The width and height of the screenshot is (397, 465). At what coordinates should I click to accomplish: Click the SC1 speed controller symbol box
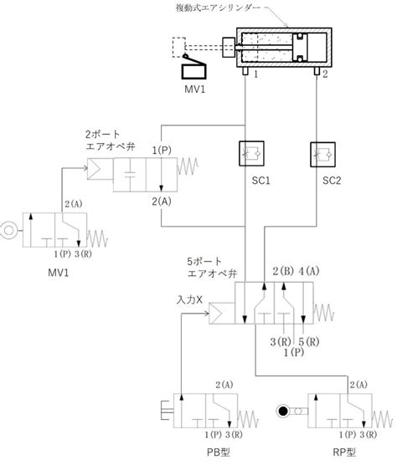click(x=251, y=153)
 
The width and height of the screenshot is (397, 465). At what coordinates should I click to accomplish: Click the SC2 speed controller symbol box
click(x=322, y=155)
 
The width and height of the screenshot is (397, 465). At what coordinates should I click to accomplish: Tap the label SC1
click(x=261, y=181)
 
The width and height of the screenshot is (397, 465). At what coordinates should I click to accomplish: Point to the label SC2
click(x=332, y=181)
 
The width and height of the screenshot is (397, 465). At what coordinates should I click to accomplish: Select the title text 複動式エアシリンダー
click(x=218, y=8)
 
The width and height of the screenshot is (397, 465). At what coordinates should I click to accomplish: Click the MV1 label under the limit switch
click(x=195, y=89)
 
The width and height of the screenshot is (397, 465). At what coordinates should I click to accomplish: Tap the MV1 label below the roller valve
click(x=58, y=273)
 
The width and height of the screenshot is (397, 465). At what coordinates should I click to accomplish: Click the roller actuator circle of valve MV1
click(x=8, y=230)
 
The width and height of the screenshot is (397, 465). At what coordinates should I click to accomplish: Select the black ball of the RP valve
click(x=282, y=411)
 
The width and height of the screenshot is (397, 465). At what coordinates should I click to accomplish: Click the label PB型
click(x=219, y=452)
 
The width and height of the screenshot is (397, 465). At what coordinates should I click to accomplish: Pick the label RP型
click(x=344, y=452)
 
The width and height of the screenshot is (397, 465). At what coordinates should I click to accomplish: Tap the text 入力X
click(x=189, y=299)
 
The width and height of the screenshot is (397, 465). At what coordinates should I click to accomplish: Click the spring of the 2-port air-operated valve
click(x=188, y=166)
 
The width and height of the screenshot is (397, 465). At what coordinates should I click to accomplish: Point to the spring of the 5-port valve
click(x=323, y=313)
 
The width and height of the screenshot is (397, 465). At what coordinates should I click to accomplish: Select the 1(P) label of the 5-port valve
click(x=294, y=352)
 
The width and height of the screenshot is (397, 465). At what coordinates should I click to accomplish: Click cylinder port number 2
click(x=325, y=74)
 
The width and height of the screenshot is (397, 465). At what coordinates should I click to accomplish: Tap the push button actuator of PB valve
click(x=168, y=411)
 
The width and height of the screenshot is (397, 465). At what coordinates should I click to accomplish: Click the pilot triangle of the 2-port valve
click(x=95, y=169)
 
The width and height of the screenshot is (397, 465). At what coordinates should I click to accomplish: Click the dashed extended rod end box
click(x=178, y=47)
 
